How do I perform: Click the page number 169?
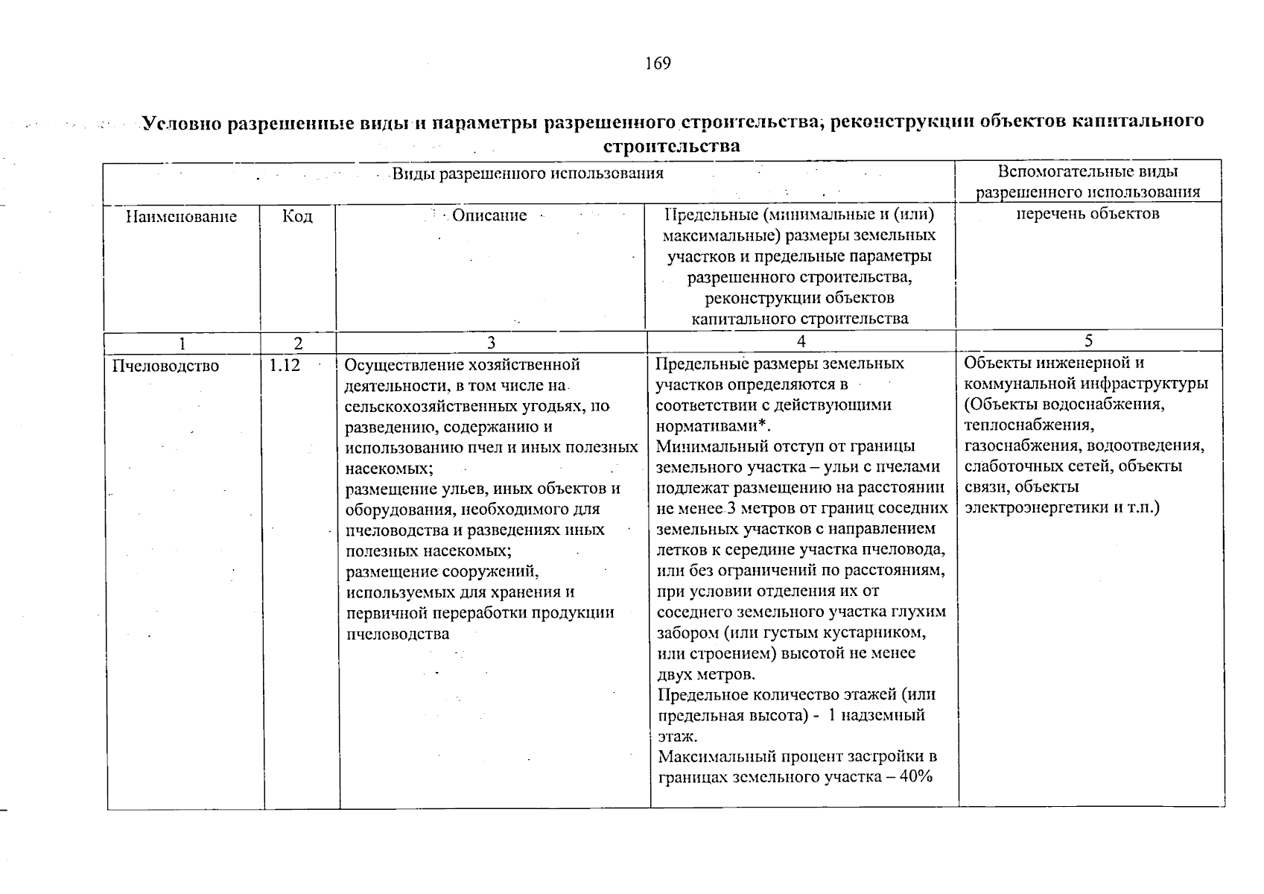coord(658,63)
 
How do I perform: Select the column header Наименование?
coord(181,217)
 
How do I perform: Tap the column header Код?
coord(298,217)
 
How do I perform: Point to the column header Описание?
coord(489,216)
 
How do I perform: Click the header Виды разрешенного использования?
coord(527,174)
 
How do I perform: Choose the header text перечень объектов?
coord(1088,215)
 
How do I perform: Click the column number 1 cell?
coord(182,343)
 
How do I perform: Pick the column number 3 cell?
coord(491,343)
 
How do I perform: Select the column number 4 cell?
coord(801,341)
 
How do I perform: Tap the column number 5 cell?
coord(1089,341)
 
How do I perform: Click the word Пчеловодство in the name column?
coord(165,365)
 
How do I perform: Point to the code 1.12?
coord(285,365)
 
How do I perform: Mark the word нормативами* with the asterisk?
coord(712,426)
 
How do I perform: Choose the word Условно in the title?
coord(182,123)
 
